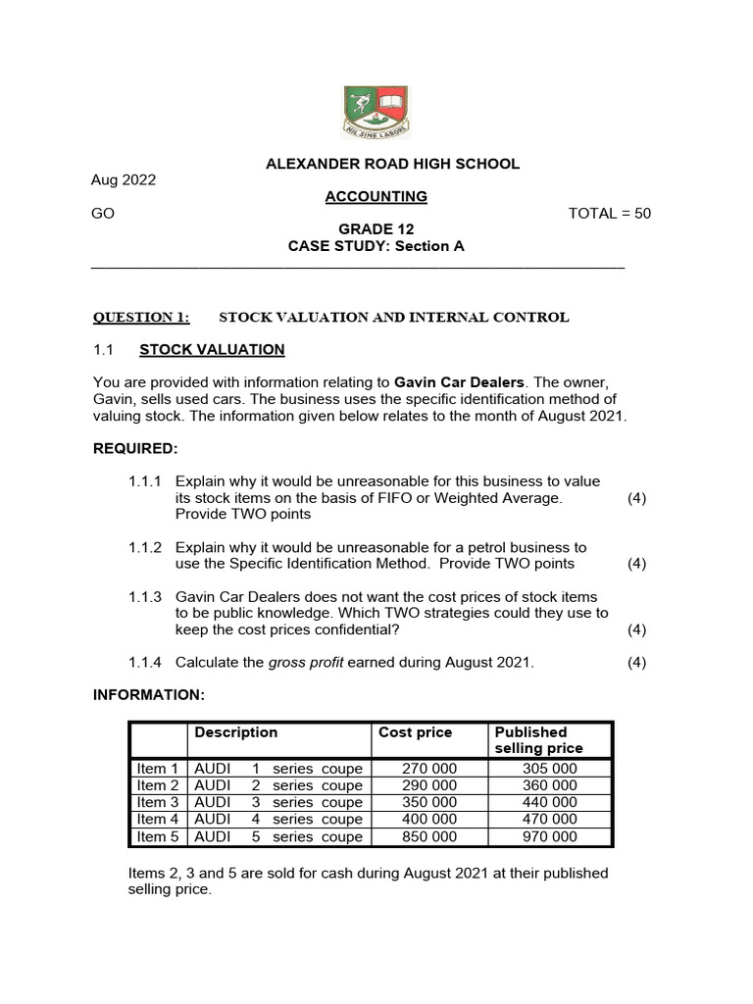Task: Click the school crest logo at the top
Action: (376, 112)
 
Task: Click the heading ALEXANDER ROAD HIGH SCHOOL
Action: (392, 164)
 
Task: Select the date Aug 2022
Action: (124, 179)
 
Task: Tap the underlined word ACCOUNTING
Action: (376, 196)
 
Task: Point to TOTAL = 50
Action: (609, 214)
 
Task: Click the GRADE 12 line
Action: (376, 229)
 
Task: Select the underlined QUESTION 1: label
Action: (141, 317)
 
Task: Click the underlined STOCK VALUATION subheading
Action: (212, 349)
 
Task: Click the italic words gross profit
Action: (305, 663)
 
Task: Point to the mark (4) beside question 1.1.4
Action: (637, 663)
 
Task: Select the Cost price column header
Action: (415, 732)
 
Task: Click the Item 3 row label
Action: (158, 802)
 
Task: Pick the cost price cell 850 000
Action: (429, 837)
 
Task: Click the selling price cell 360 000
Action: (550, 785)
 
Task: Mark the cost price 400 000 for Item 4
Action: (429, 820)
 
